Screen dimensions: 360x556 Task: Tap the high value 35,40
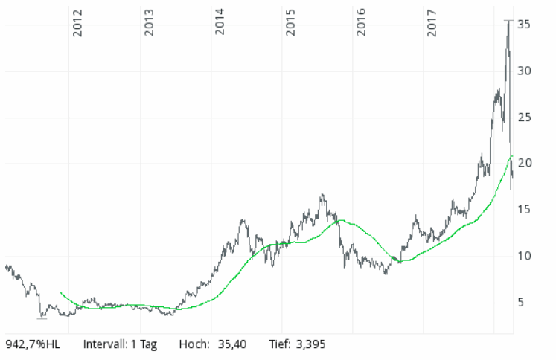(x=232, y=345)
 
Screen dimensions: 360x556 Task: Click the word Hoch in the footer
(x=194, y=345)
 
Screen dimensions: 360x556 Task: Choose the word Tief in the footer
(x=279, y=345)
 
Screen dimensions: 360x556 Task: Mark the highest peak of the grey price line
(x=508, y=21)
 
